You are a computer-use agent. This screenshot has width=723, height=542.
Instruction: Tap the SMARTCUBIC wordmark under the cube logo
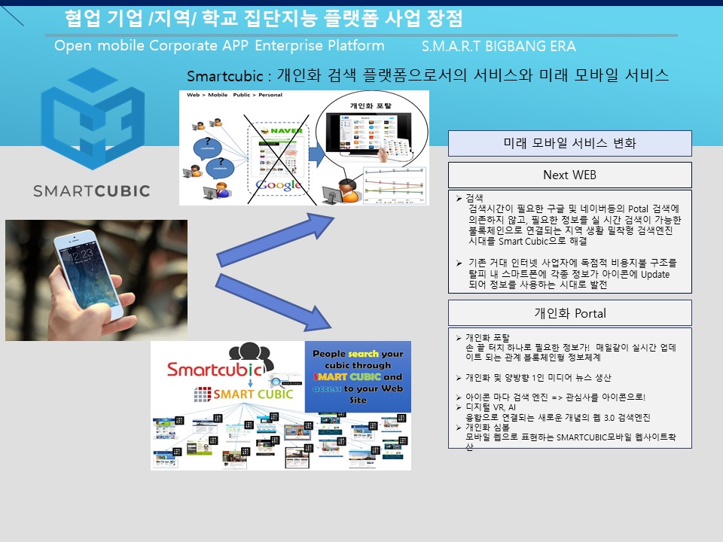pyautogui.click(x=92, y=190)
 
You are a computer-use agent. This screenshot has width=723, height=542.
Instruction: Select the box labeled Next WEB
pyautogui.click(x=569, y=175)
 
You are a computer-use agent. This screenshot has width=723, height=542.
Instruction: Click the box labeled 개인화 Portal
pyautogui.click(x=569, y=313)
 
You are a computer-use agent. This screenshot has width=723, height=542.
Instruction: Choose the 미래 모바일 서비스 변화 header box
pyautogui.click(x=569, y=143)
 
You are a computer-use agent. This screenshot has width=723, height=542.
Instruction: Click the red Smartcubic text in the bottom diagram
pyautogui.click(x=214, y=369)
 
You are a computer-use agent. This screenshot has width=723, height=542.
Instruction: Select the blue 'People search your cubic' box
pyautogui.click(x=358, y=376)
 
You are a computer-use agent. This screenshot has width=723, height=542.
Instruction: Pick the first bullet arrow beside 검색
pyautogui.click(x=460, y=198)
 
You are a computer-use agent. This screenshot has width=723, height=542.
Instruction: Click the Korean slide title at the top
pyautogui.click(x=264, y=19)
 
